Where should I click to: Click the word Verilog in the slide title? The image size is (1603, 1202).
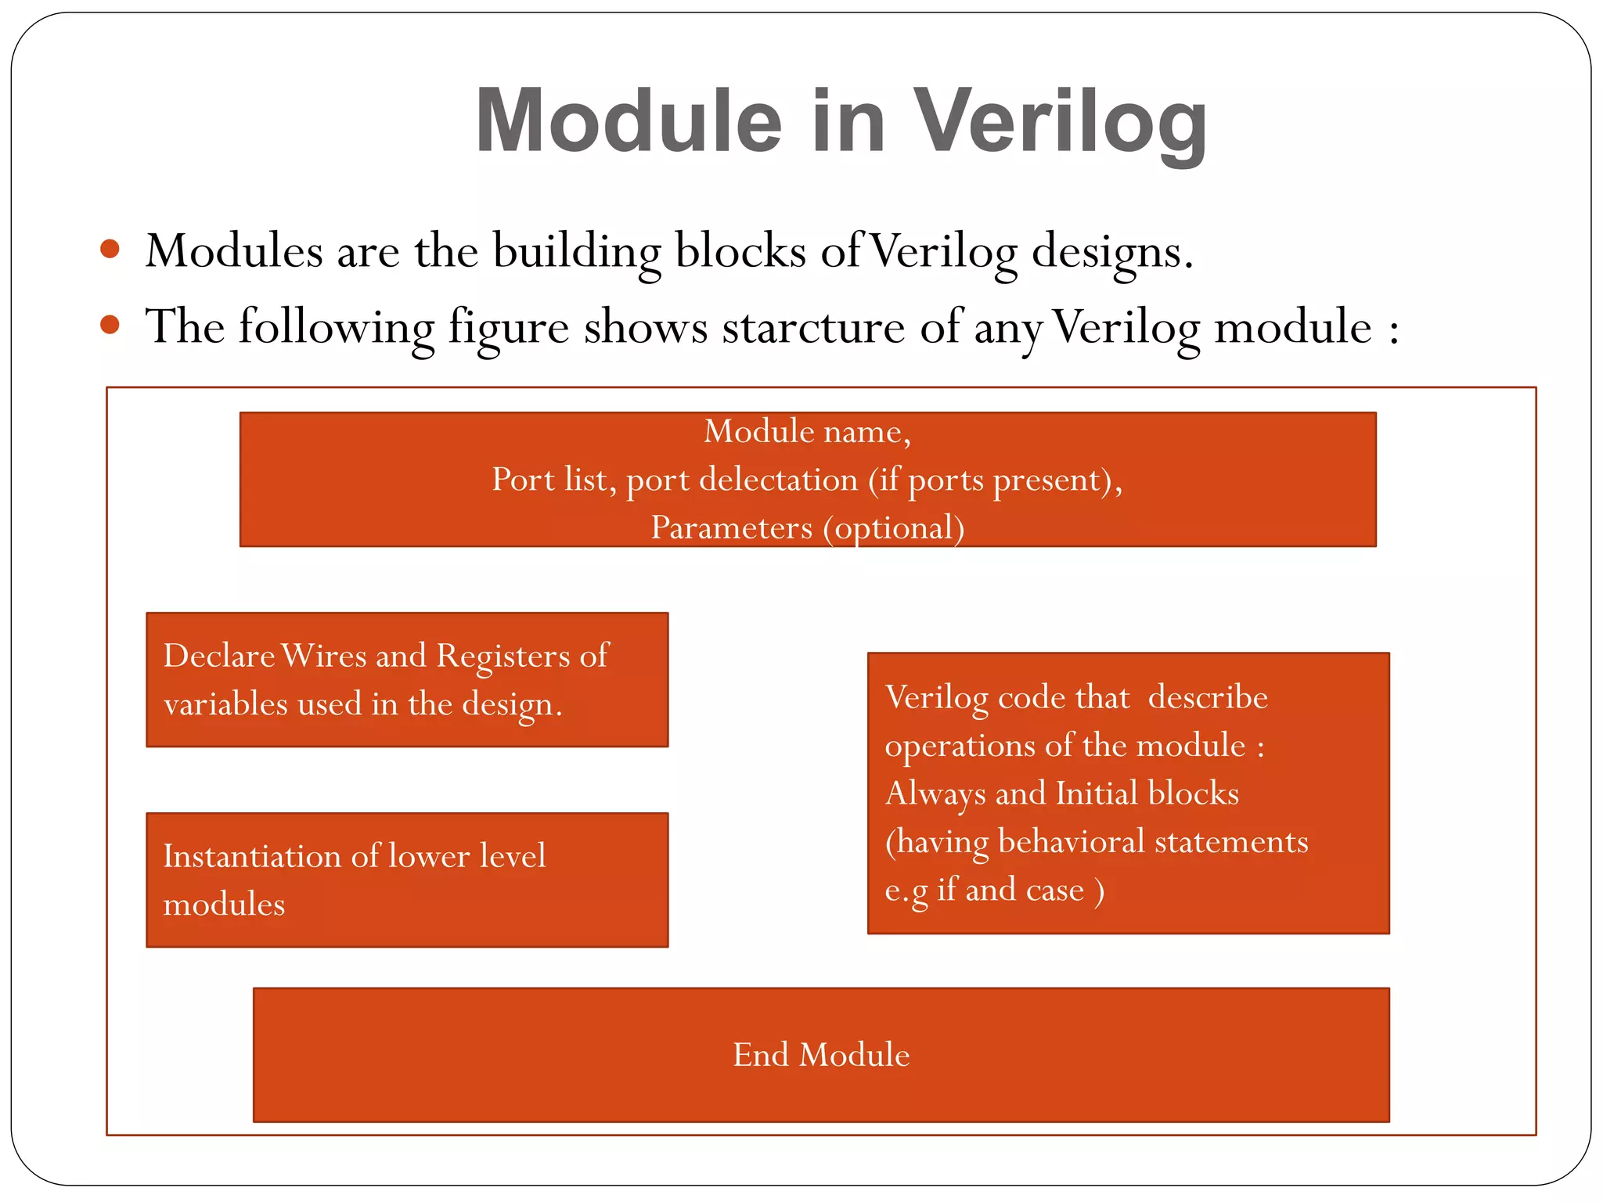1061,121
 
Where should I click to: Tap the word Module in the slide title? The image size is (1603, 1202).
629,121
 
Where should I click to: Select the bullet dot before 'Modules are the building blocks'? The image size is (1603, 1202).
110,249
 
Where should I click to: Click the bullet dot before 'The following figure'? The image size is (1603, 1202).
110,324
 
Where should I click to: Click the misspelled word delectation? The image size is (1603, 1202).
778,479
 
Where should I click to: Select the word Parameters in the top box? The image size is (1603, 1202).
731,527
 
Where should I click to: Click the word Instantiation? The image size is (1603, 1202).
251,855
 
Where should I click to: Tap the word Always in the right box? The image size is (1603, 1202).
935,794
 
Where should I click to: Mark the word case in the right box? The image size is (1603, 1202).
1054,890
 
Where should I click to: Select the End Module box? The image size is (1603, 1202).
821,1054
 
